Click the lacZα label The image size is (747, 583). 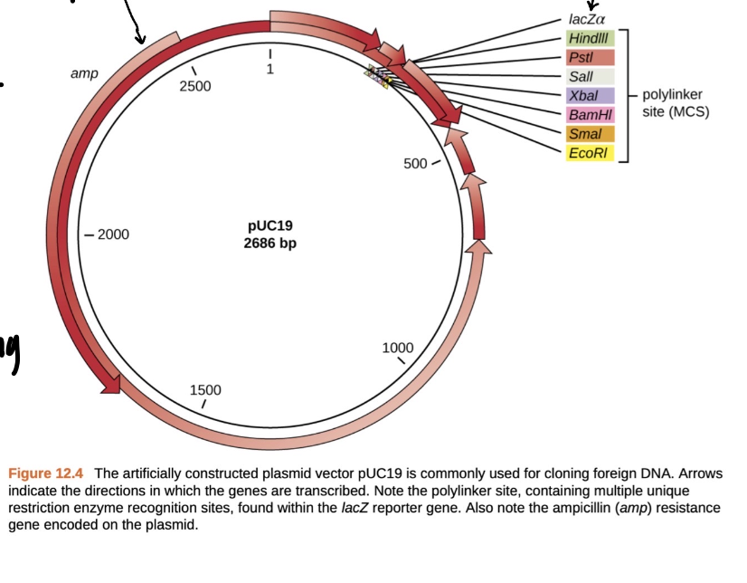pos(587,18)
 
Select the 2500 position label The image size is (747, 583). pos(194,86)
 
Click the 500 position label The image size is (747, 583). pos(415,164)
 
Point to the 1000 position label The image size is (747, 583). pos(397,348)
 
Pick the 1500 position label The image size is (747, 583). pos(205,389)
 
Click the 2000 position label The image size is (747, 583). pos(113,234)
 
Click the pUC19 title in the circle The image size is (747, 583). pos(269,225)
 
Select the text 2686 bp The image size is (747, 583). pos(269,243)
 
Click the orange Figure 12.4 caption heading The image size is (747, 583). pos(46,473)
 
